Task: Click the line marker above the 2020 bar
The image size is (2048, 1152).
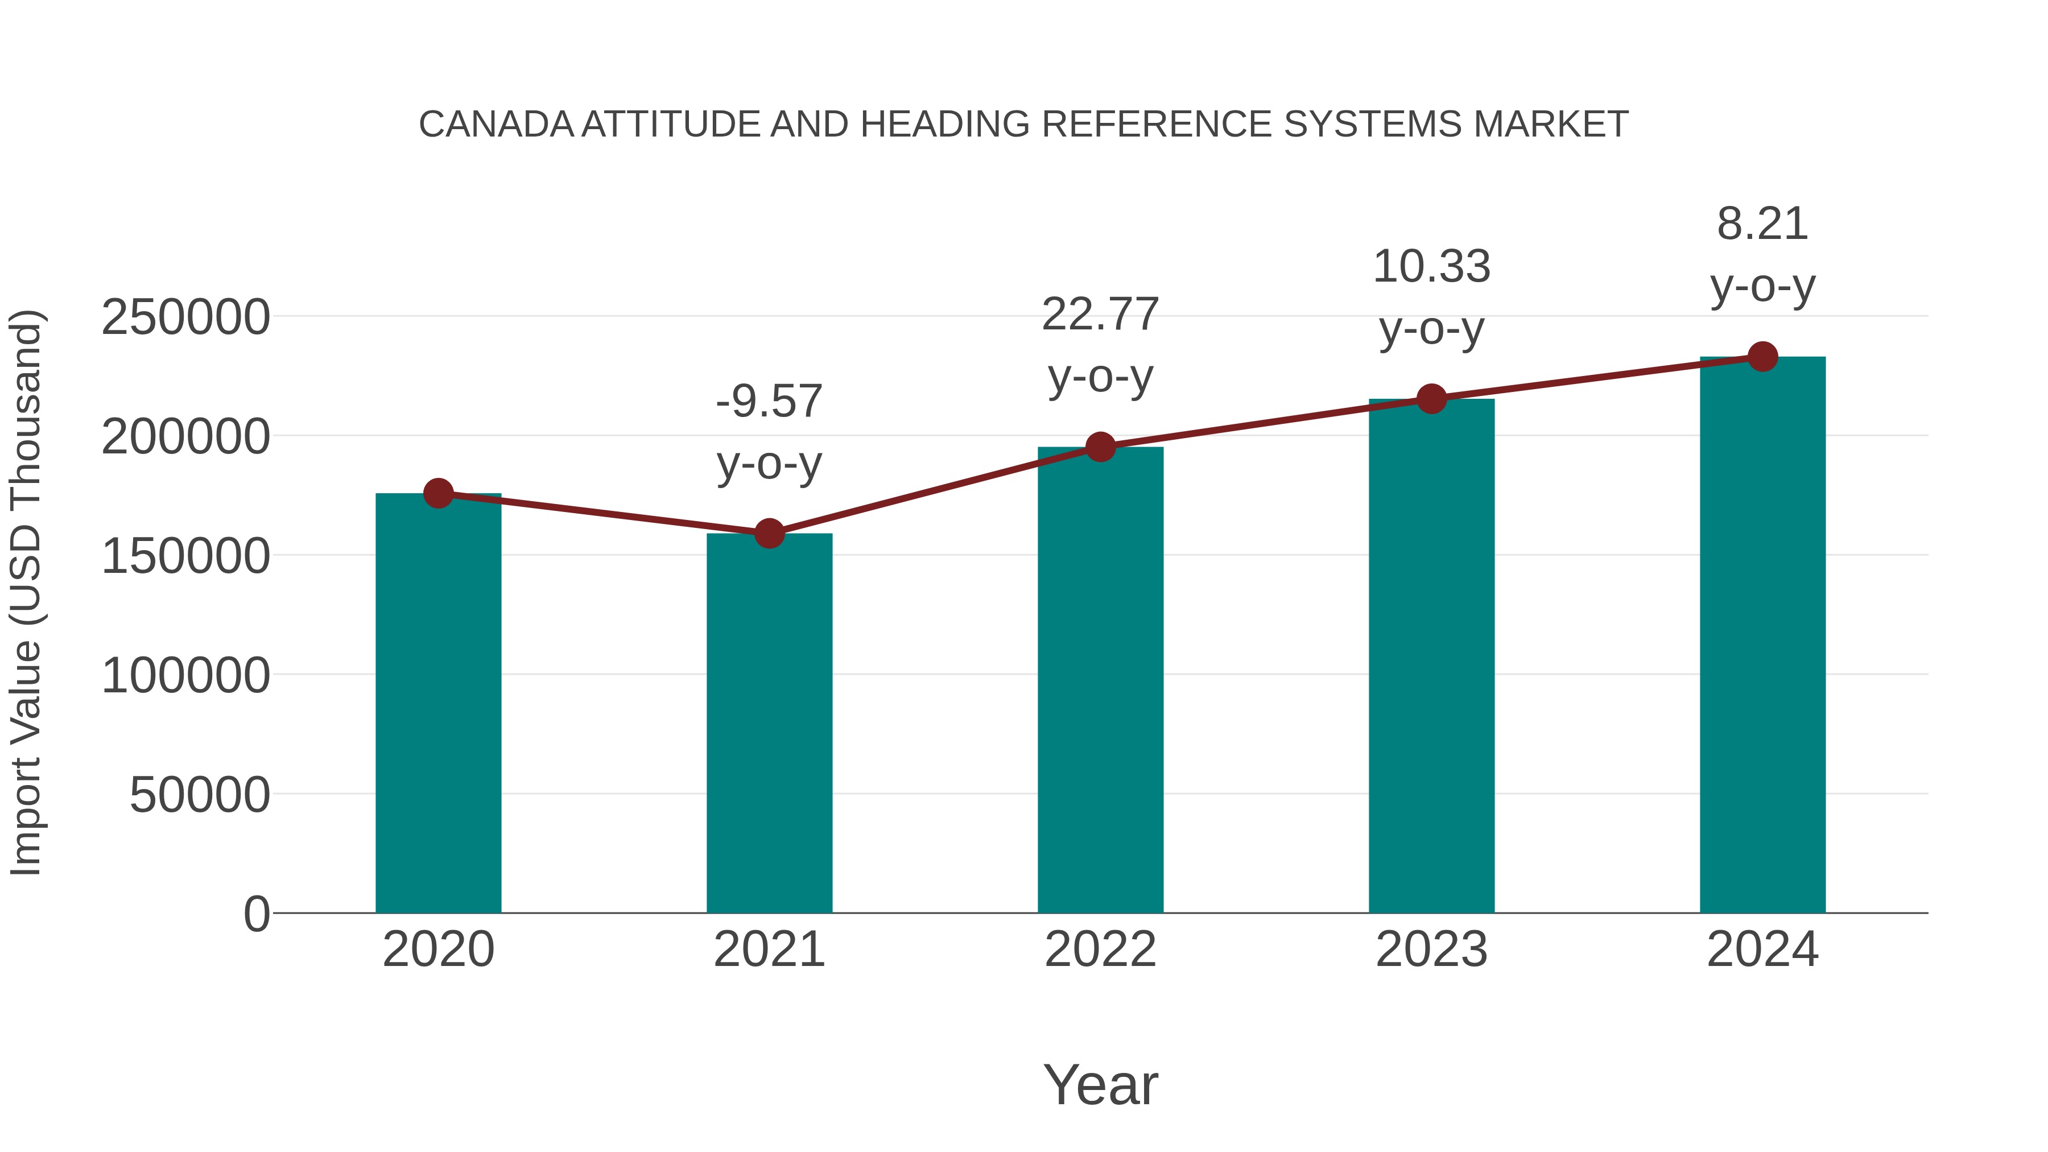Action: pos(438,494)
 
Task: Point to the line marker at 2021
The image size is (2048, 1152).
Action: pos(769,534)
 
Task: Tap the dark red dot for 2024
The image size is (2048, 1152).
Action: pos(1762,357)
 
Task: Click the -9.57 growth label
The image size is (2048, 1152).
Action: pos(769,402)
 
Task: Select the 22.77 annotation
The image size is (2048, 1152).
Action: pos(1100,315)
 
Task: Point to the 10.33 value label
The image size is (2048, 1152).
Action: pos(1431,267)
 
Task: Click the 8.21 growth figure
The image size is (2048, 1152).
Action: pos(1762,224)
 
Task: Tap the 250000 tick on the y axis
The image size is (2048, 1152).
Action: pos(185,317)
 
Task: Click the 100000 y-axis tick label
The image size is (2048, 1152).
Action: pos(185,676)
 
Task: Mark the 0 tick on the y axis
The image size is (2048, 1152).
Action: pos(256,914)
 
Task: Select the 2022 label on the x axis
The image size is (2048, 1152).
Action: pos(1100,950)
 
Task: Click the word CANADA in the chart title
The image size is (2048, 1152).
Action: pos(496,125)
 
